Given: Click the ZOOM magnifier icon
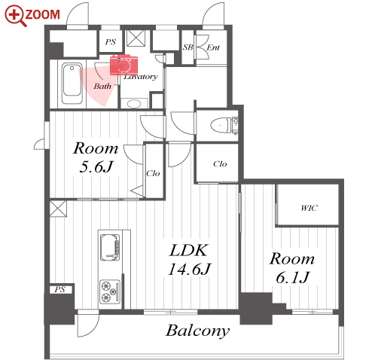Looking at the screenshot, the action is (x=15, y=16).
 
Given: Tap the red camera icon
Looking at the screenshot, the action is (x=123, y=65).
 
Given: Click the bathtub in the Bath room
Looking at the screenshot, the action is (x=72, y=84).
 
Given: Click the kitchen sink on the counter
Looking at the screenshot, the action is (x=110, y=247).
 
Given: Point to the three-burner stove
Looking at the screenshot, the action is (x=110, y=291).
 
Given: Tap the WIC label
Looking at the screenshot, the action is (x=309, y=208).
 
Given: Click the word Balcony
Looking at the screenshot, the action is (x=198, y=331).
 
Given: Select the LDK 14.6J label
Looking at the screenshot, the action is (x=189, y=260).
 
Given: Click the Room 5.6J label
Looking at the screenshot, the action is (x=96, y=157).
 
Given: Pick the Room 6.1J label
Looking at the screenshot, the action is (x=292, y=268).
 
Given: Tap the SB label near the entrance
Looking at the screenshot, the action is (x=188, y=47).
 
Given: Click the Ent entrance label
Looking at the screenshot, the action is (x=213, y=47).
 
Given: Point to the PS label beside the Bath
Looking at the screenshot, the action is (x=111, y=41).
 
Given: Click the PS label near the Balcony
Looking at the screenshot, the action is (x=59, y=289).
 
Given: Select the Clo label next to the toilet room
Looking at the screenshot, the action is (x=220, y=164).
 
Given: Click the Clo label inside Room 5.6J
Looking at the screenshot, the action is (x=153, y=173).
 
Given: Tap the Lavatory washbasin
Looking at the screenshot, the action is (x=134, y=103).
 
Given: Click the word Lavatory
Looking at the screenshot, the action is (x=141, y=77).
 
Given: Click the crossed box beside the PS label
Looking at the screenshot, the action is (x=136, y=38).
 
